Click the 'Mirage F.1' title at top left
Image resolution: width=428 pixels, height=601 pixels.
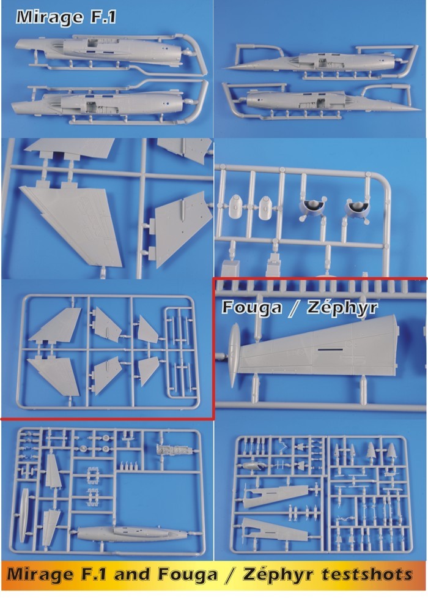click(x=66, y=17)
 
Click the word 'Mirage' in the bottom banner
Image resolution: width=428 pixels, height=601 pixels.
click(x=40, y=575)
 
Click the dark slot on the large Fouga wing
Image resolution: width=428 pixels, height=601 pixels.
click(x=330, y=350)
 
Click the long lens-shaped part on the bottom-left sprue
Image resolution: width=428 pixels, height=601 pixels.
click(x=24, y=515)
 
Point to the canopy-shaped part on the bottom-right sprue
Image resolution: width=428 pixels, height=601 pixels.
click(x=253, y=466)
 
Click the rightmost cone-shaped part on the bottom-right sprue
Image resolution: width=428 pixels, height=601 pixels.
click(x=391, y=451)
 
